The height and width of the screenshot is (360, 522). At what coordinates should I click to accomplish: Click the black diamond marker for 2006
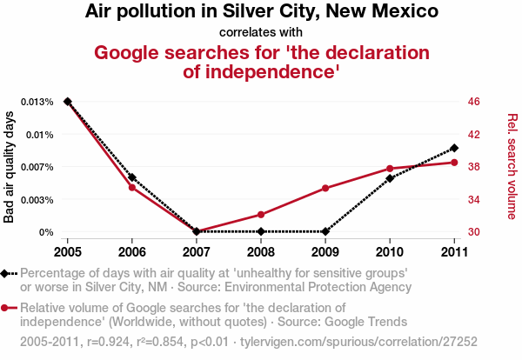pyautogui.click(x=132, y=177)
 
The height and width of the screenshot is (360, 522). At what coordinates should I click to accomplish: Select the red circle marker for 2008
pyautogui.click(x=261, y=214)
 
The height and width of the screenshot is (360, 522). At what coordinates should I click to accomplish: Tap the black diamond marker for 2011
pyautogui.click(x=455, y=148)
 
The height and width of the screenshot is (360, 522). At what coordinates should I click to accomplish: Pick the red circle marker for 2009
pyautogui.click(x=325, y=188)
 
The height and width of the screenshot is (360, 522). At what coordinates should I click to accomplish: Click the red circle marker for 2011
pyautogui.click(x=455, y=163)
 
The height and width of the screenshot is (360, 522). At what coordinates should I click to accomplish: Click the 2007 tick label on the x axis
pyautogui.click(x=197, y=251)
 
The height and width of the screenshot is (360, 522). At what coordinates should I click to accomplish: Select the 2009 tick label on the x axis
pyautogui.click(x=325, y=251)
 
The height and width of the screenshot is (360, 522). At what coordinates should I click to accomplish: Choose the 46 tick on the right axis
pyautogui.click(x=474, y=102)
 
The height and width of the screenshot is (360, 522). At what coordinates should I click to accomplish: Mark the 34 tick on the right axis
pyautogui.click(x=474, y=199)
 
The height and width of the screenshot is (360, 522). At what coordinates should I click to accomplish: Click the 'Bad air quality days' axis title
pyautogui.click(x=10, y=166)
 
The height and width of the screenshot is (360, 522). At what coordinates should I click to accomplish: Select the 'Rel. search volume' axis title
pyautogui.click(x=512, y=166)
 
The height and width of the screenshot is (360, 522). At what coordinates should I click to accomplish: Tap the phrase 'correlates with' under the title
pyautogui.click(x=261, y=32)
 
